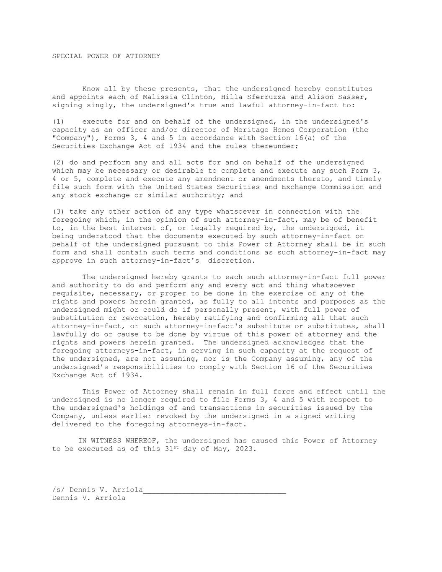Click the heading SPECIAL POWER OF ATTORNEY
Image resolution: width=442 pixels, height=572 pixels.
pos(106,56)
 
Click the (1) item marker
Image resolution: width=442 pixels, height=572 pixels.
pos(58,122)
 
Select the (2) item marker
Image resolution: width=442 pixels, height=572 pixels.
pos(58,163)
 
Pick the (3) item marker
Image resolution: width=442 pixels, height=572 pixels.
pos(58,212)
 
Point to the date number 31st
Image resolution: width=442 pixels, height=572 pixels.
pos(172,449)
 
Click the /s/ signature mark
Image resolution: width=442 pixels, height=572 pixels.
pos(58,490)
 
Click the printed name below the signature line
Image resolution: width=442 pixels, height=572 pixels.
pos(89,498)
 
